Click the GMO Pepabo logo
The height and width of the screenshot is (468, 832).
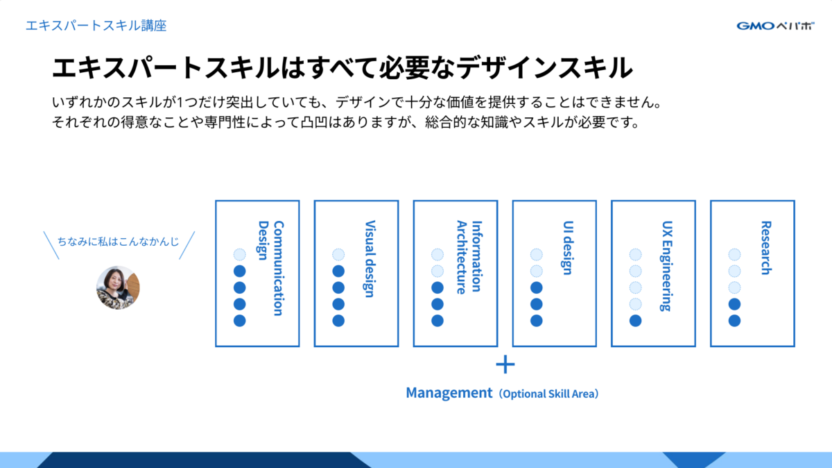[776, 26]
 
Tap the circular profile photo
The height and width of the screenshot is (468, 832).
[118, 287]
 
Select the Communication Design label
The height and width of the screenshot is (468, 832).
[271, 268]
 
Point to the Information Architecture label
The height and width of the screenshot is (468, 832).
[469, 258]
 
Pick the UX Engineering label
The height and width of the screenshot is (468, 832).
[667, 266]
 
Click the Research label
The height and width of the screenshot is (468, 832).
[765, 248]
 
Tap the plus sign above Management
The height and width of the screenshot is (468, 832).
[505, 364]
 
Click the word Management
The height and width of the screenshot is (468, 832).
[449, 393]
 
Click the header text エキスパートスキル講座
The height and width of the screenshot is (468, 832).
[96, 26]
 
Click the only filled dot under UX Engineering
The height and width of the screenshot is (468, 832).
[635, 321]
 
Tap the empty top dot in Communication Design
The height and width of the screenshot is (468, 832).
[239, 255]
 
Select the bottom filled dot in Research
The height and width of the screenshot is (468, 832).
[734, 321]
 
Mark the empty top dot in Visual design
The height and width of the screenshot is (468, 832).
[338, 255]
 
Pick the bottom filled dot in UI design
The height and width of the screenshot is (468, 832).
[536, 321]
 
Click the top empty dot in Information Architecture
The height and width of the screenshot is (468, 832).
[437, 255]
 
